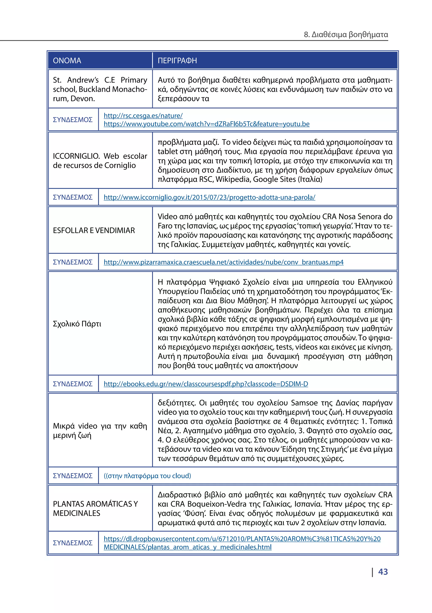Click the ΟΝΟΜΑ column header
click(x=67, y=61)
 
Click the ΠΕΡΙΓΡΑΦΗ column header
click(x=177, y=61)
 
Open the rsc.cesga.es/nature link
click(x=143, y=116)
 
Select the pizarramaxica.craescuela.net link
click(x=223, y=262)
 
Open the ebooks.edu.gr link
click(x=206, y=384)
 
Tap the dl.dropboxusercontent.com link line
click(x=242, y=539)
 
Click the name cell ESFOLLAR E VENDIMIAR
click(x=94, y=230)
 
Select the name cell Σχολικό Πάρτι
click(x=77, y=324)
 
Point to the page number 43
click(x=383, y=572)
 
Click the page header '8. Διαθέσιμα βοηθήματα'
click(x=346, y=34)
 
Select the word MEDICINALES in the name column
click(x=77, y=513)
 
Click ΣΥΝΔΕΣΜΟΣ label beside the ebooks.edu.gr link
click(x=73, y=384)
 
